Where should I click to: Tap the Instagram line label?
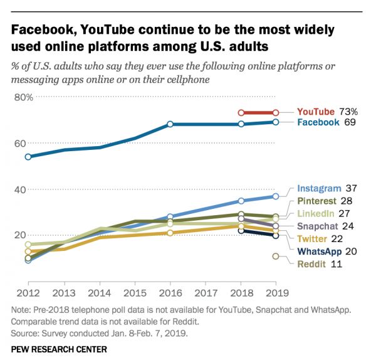(320, 188)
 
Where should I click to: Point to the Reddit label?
(311, 265)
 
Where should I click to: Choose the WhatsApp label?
(319, 251)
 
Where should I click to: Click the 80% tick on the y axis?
(23, 97)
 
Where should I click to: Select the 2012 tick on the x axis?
(28, 294)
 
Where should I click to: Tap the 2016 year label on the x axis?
(170, 294)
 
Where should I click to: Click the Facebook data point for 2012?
(28, 157)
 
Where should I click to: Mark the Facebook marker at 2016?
(170, 124)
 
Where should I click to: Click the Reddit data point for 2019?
(276, 256)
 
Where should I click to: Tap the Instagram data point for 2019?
(276, 196)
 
